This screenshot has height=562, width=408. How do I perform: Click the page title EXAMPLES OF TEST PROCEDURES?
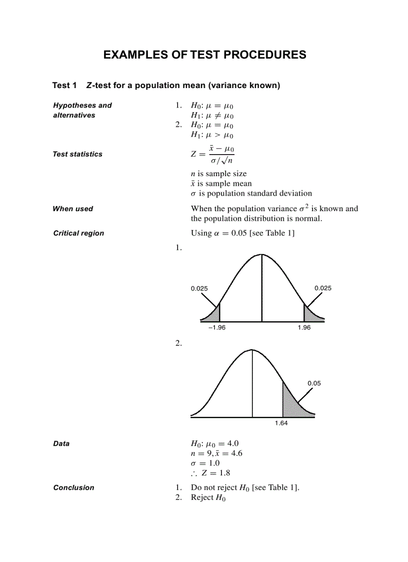point(204,55)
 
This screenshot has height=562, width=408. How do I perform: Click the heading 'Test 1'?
point(64,86)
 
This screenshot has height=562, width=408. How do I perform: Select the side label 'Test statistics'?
point(77,154)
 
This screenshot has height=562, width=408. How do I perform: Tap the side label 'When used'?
point(72,209)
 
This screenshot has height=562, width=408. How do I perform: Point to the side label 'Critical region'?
point(78,233)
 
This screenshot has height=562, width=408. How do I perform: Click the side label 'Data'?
point(61,444)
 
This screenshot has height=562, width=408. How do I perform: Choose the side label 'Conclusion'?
point(73,488)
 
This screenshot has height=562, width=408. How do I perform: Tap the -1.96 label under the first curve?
point(216,328)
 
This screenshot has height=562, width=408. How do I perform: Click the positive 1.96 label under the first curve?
point(304,328)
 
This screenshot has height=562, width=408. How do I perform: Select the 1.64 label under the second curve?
point(281,423)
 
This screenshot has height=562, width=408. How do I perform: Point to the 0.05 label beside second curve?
point(314,383)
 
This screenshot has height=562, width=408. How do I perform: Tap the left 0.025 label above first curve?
point(199,288)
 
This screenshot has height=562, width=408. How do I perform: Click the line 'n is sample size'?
point(218,174)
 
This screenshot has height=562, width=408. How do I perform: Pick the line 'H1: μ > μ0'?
point(212,135)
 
